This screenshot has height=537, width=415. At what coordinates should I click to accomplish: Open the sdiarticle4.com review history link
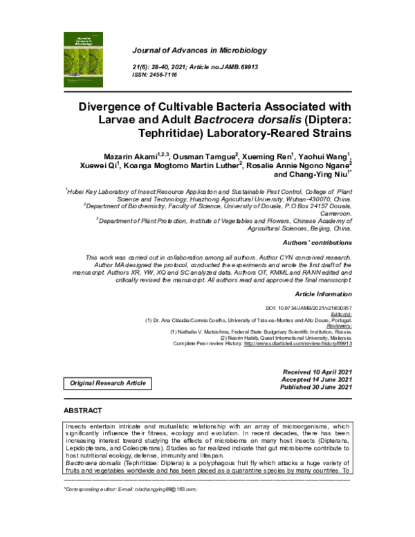[298, 343]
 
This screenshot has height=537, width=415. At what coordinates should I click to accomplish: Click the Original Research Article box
[107, 383]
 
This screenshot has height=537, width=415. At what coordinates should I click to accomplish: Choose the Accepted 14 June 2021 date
[317, 380]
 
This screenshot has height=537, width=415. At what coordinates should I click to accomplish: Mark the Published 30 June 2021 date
[317, 388]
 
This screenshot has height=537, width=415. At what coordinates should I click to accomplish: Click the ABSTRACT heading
[83, 410]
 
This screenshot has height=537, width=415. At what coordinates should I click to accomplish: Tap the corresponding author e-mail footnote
[131, 488]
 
